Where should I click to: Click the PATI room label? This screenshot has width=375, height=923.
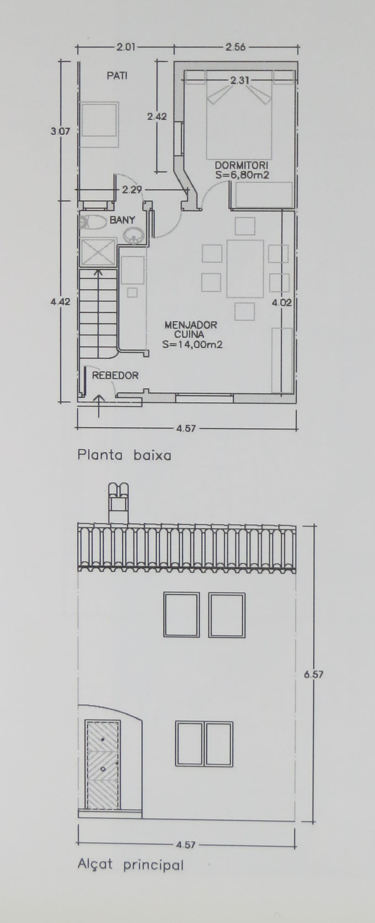point(117,75)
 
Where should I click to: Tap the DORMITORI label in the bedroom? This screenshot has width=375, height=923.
point(241,165)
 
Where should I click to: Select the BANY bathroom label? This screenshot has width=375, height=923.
point(122,220)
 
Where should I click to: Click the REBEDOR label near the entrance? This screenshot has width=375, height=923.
point(115,376)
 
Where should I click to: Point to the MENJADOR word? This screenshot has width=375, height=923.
point(191,325)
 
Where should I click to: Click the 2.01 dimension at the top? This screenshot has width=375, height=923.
point(126,47)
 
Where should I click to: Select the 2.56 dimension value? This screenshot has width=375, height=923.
point(236,47)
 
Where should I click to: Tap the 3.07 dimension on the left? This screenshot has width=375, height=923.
point(60,131)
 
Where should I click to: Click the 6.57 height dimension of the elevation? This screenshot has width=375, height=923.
point(314,674)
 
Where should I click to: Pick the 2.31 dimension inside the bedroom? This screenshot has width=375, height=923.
point(240,80)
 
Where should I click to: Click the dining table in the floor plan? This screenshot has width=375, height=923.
point(245,269)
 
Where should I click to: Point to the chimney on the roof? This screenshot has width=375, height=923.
point(118,503)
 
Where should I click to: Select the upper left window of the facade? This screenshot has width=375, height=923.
point(182,615)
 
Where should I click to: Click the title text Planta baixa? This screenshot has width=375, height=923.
point(124,456)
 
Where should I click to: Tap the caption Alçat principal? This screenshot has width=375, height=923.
point(130,865)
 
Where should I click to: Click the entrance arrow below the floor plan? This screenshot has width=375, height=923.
point(99,406)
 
